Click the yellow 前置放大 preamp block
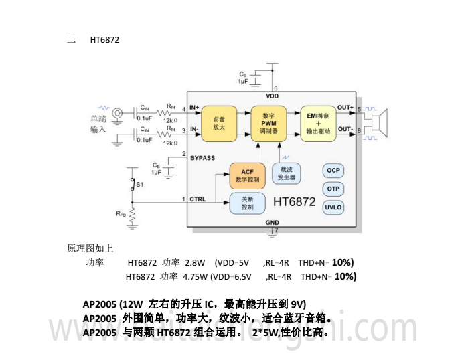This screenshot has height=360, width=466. pos(220,122)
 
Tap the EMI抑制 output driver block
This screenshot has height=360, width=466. pos(318,122)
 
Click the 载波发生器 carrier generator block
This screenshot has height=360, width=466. pos(286,174)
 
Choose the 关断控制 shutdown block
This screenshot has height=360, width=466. pos(247,203)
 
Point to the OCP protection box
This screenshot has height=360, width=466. pos(333,171)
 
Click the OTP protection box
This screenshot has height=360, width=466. pos(333,189)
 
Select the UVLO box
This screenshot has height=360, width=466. pos(333,207)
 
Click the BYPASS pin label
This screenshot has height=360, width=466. pos(202,158)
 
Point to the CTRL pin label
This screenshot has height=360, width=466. pos(198,199)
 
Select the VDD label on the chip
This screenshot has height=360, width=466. pos(273,96)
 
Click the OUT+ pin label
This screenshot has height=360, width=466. pos(345,108)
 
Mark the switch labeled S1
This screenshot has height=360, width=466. pos(134,183)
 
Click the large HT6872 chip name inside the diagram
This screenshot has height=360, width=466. pos(295,201)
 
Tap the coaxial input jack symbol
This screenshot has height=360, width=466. pos(119,114)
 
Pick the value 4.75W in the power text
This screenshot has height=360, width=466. pos(195,276)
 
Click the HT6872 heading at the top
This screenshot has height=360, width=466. pos(104,40)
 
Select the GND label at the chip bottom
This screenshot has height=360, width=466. pos(272,222)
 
